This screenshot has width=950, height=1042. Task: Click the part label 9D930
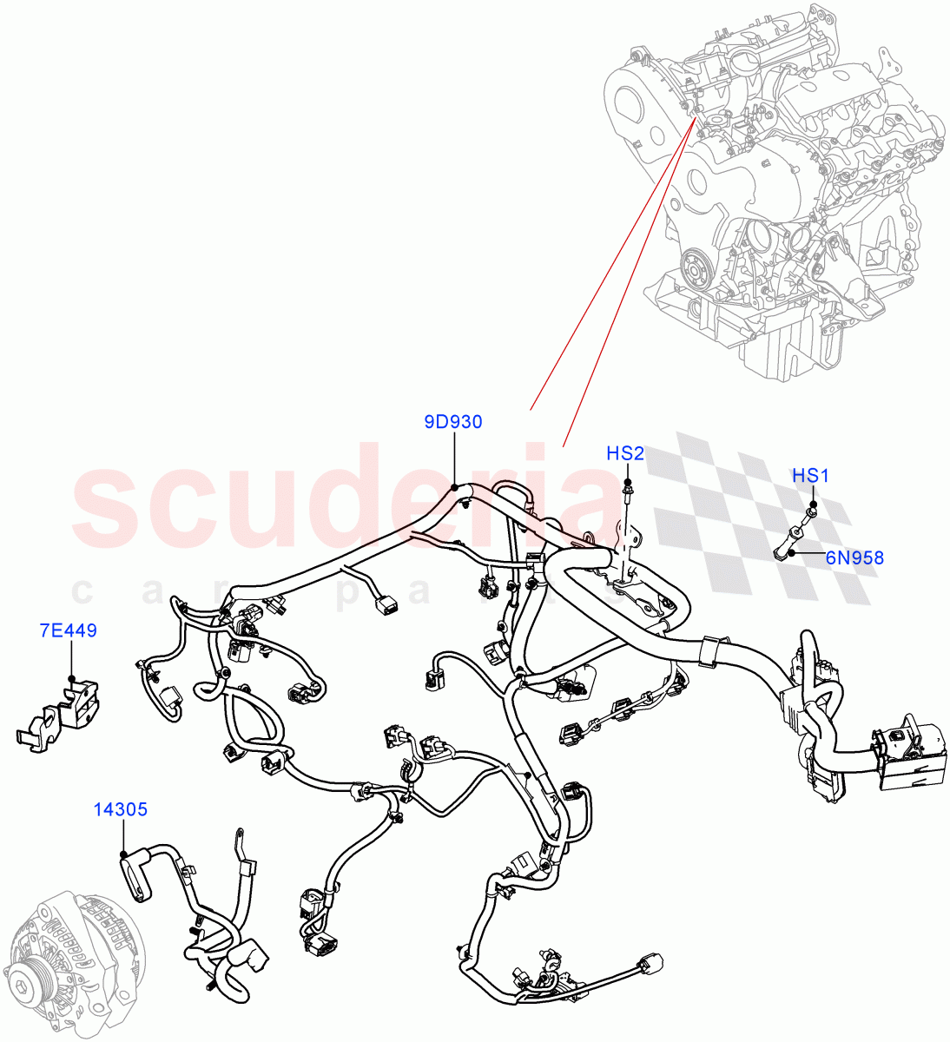[452, 423]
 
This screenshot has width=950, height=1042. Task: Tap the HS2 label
[625, 453]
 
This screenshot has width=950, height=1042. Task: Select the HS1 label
[810, 476]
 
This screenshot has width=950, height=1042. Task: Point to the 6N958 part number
[854, 557]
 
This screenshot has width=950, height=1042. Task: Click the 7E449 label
[69, 630]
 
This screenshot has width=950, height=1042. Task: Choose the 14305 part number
[121, 809]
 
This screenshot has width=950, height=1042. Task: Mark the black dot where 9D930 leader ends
[455, 489]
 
